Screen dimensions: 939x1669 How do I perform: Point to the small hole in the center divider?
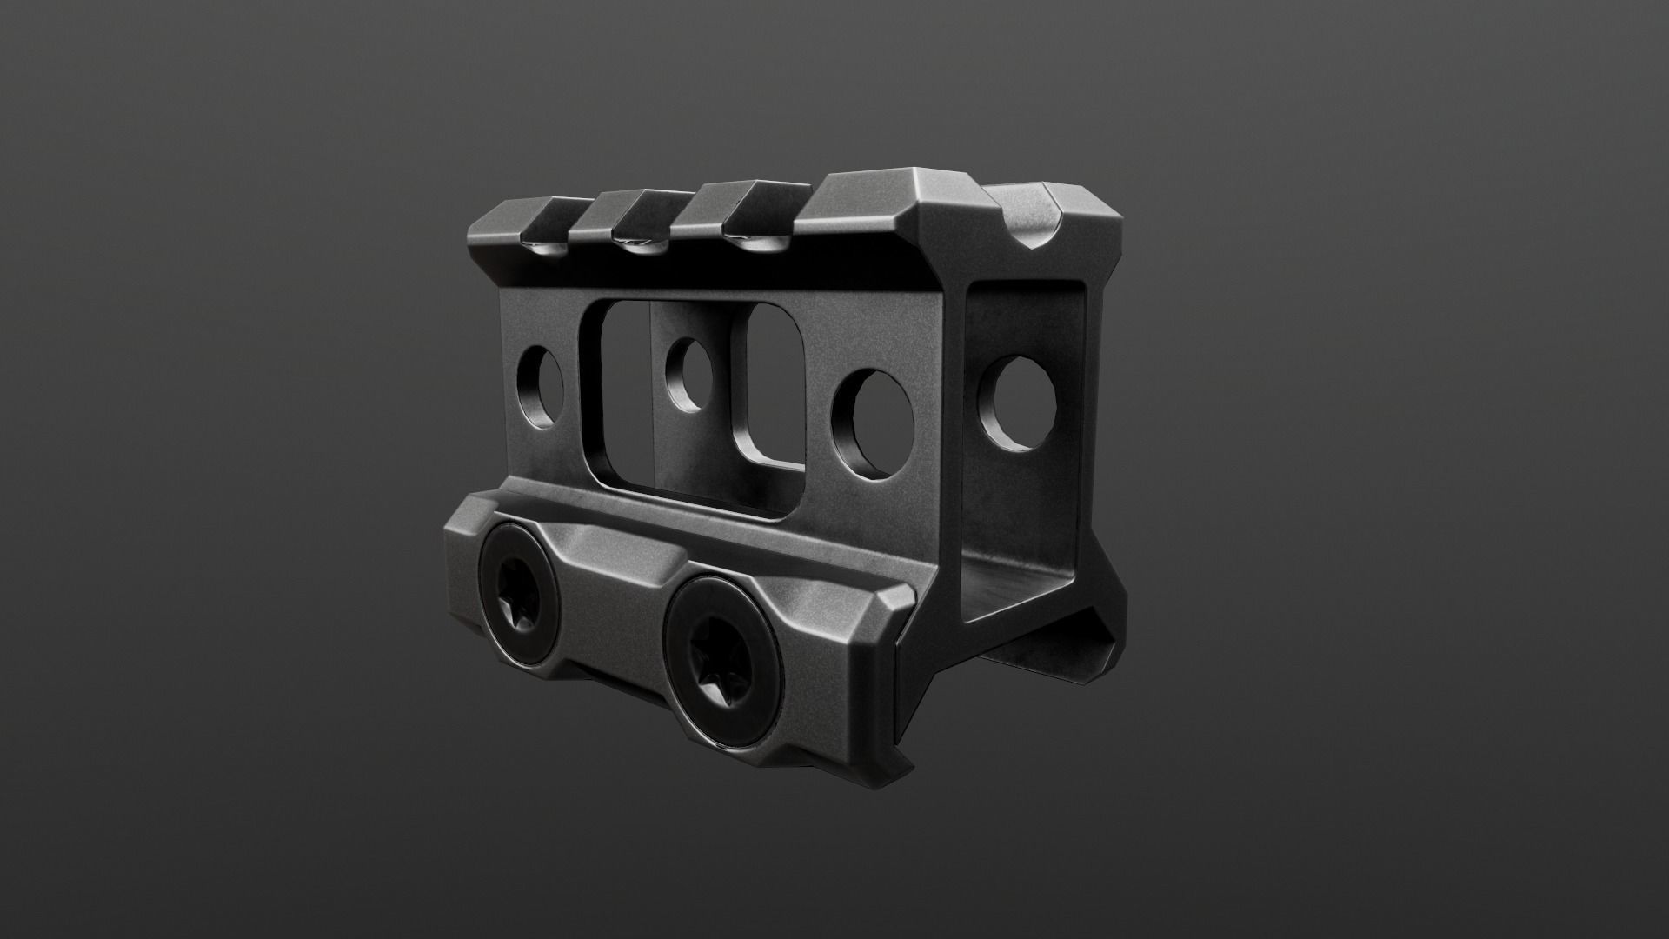688,376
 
